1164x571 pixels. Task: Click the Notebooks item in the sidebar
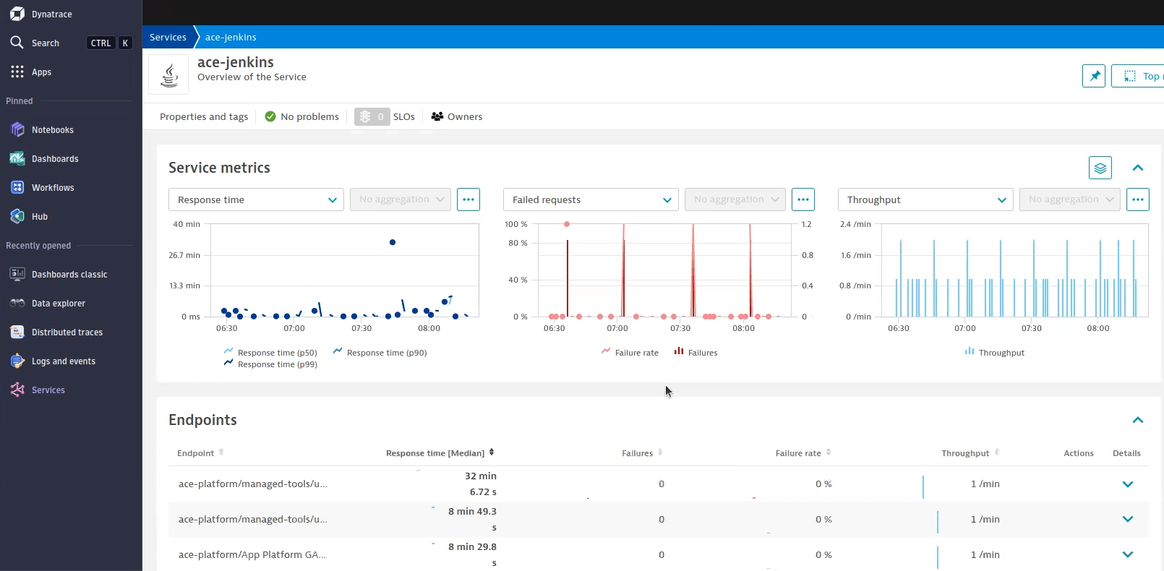point(52,130)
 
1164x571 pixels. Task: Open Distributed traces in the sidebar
point(67,332)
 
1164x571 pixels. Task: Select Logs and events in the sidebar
point(63,361)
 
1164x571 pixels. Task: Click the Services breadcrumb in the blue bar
point(168,38)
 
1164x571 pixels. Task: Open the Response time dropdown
point(256,200)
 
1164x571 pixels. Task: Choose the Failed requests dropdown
point(591,200)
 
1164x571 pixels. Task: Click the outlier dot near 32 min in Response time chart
point(393,242)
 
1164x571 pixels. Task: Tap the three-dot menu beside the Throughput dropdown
point(1137,199)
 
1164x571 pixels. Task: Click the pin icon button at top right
point(1093,76)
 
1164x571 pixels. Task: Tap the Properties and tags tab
point(204,116)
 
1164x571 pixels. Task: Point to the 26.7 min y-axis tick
point(184,255)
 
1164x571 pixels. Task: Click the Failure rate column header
point(798,453)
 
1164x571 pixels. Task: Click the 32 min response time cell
point(481,476)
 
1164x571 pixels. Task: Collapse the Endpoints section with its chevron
point(1137,420)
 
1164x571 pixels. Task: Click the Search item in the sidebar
point(45,43)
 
